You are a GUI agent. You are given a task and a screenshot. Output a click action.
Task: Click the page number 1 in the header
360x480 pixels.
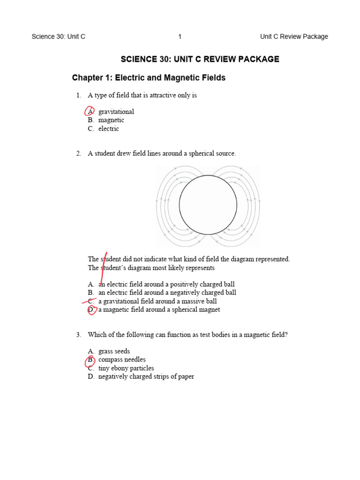click(x=180, y=37)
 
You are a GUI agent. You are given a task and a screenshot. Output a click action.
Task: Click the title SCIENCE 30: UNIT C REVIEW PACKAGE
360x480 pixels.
click(x=200, y=59)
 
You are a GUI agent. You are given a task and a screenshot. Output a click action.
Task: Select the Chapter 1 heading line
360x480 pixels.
click(x=149, y=78)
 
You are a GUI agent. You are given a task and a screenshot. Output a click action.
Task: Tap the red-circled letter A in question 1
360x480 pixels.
click(x=90, y=112)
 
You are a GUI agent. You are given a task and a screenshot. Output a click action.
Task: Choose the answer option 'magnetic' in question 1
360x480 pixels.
click(x=111, y=120)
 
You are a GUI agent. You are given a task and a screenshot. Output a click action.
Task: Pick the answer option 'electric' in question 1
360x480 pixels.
click(x=109, y=128)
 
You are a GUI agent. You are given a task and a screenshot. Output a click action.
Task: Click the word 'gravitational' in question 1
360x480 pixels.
click(x=116, y=112)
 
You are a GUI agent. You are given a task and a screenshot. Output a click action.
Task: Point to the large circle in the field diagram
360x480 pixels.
click(x=208, y=205)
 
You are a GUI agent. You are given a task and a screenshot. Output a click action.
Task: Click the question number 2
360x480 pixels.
click(x=79, y=154)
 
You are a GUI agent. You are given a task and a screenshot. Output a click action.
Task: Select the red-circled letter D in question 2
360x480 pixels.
click(x=91, y=309)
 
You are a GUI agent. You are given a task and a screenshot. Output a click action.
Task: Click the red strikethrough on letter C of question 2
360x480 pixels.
click(x=90, y=301)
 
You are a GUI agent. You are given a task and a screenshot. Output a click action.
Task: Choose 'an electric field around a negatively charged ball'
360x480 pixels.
click(x=167, y=292)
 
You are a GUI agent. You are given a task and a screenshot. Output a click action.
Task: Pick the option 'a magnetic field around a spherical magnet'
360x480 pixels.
click(x=159, y=309)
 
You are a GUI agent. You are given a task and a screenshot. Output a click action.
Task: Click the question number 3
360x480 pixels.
click(x=79, y=335)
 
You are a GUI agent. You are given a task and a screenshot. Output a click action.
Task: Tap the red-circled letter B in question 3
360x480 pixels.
click(x=90, y=360)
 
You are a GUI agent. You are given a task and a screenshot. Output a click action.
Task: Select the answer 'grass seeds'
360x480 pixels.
click(x=114, y=351)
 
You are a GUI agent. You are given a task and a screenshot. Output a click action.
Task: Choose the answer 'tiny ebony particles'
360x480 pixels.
click(x=126, y=368)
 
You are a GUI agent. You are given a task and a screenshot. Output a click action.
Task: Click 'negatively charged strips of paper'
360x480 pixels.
click(x=146, y=376)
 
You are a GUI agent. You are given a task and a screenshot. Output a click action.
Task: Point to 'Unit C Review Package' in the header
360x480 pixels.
click(x=294, y=37)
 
